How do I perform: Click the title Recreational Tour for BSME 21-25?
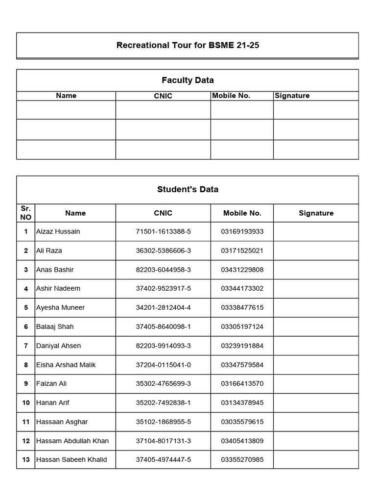click(188, 46)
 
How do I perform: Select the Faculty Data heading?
click(188, 80)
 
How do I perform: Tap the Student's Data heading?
click(188, 189)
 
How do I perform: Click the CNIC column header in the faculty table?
click(163, 96)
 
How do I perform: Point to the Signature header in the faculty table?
click(292, 96)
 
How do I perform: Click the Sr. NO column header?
click(26, 213)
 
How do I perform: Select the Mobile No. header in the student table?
click(242, 213)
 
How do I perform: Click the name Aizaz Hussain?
click(58, 231)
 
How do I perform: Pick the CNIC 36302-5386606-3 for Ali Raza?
click(163, 251)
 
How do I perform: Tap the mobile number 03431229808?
click(242, 270)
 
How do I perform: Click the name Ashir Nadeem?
click(58, 288)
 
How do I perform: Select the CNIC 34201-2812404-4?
click(163, 307)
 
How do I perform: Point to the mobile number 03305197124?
click(242, 326)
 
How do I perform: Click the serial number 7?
click(26, 346)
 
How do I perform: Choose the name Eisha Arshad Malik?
click(66, 365)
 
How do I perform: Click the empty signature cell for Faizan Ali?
click(316, 383)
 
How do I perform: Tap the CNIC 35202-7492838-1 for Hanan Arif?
click(163, 402)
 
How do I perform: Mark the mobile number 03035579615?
click(242, 422)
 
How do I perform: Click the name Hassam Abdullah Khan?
click(72, 441)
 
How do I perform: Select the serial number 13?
click(26, 459)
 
